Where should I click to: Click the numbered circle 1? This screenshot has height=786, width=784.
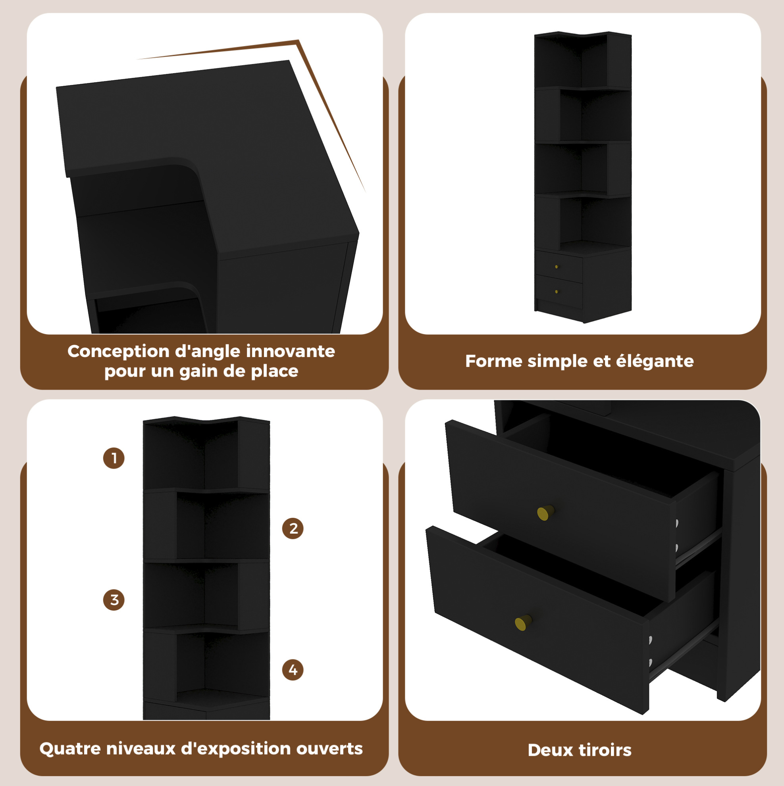(x=114, y=458)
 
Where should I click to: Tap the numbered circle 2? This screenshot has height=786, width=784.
(x=293, y=528)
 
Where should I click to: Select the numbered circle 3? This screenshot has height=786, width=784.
(x=114, y=600)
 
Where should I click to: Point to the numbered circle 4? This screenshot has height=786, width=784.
(x=293, y=670)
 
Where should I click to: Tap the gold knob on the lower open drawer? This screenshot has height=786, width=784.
(x=524, y=623)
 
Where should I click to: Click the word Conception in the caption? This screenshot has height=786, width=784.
(x=118, y=352)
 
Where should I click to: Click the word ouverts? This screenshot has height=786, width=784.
(x=329, y=749)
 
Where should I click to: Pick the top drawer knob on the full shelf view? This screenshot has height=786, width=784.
(x=557, y=267)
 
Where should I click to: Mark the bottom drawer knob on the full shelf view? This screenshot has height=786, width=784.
(x=557, y=292)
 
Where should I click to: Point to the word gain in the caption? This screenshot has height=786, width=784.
(x=200, y=371)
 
